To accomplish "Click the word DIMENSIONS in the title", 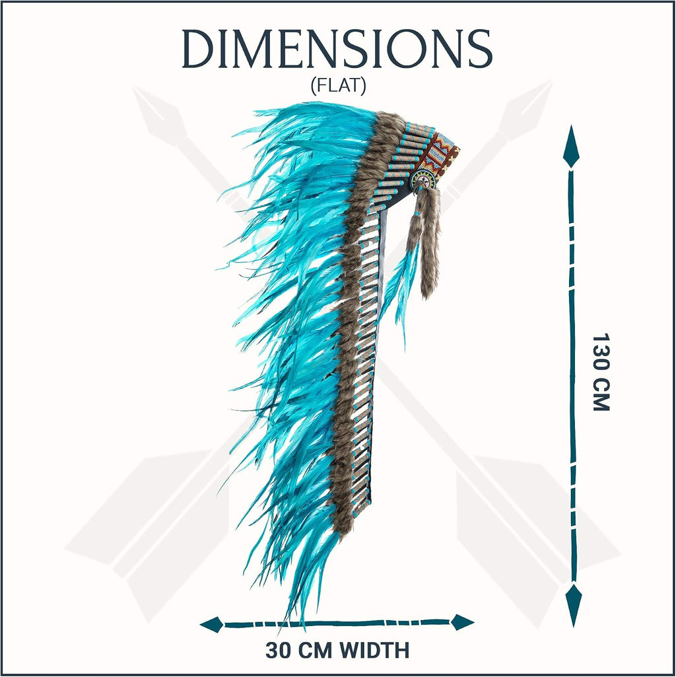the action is pyautogui.click(x=337, y=49).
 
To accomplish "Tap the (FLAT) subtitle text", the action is pyautogui.click(x=338, y=86).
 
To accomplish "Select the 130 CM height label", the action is pyautogui.click(x=600, y=372).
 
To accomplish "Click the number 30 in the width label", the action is pyautogui.click(x=278, y=650).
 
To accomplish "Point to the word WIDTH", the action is pyautogui.click(x=374, y=650).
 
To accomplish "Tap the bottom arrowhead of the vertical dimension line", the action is pyautogui.click(x=573, y=604).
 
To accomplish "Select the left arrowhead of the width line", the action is pyautogui.click(x=212, y=624).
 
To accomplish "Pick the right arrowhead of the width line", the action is pyautogui.click(x=462, y=622).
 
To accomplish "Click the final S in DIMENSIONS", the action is pyautogui.click(x=480, y=49).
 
